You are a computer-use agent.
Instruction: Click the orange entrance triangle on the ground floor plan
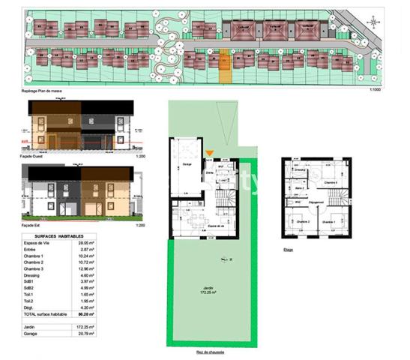click(211, 154)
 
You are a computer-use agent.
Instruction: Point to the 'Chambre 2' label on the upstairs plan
click(302, 222)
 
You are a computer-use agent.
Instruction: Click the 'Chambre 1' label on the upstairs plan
click(328, 222)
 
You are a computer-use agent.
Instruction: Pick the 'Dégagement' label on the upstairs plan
click(316, 202)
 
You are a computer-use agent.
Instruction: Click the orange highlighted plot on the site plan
click(223, 63)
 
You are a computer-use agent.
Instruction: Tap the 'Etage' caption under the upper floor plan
click(288, 250)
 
